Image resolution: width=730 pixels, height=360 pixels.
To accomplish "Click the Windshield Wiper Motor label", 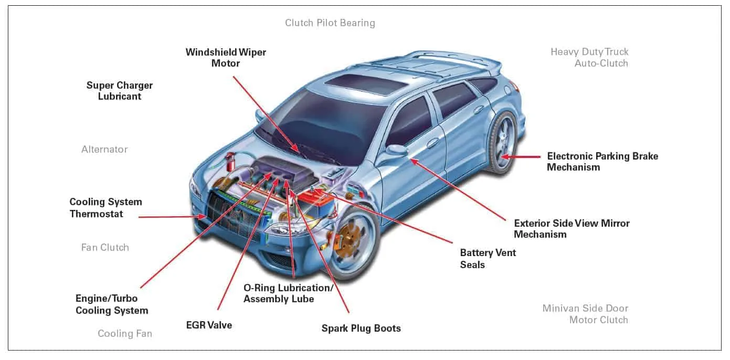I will [x=226, y=58].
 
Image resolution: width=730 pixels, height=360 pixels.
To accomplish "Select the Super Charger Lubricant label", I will [x=120, y=91].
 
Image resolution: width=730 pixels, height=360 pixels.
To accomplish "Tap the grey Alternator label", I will [x=104, y=150].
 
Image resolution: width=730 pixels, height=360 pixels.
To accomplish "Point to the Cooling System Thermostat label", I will [x=105, y=208].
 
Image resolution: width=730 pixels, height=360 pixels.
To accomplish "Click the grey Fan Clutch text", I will [x=105, y=248].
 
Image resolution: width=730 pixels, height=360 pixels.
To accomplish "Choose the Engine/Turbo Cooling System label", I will [x=111, y=304].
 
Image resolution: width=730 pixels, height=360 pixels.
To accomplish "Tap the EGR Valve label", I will [x=209, y=325].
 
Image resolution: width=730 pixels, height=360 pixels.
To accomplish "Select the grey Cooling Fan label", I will [x=125, y=334].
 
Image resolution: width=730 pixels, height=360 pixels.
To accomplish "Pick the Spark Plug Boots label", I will [x=361, y=329].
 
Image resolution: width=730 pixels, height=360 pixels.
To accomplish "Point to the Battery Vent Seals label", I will [x=488, y=259].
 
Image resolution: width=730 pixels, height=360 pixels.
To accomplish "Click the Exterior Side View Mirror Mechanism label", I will [x=572, y=229].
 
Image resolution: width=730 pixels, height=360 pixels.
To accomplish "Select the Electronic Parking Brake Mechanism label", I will [x=602, y=162].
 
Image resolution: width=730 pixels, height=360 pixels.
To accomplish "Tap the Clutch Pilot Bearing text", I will [x=330, y=23].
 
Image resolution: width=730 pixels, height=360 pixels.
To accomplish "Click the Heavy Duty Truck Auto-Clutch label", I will [x=589, y=58].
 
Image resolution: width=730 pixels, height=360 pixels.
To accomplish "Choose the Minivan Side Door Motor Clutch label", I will [x=585, y=314].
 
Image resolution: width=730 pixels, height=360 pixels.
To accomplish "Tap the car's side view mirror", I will [x=397, y=150].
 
